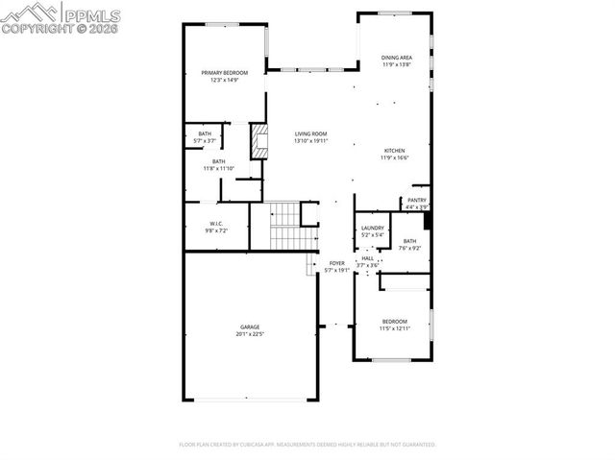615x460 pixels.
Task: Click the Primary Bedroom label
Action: point(224,73)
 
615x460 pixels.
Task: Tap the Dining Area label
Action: point(396,59)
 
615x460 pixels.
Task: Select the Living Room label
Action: point(310,133)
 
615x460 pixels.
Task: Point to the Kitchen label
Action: point(395,151)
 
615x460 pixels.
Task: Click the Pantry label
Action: point(416,201)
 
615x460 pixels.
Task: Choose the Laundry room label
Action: point(372,228)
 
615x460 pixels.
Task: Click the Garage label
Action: point(250,327)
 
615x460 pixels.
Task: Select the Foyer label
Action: point(336,263)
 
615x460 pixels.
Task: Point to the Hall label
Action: point(367,258)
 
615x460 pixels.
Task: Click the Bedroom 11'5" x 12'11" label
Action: point(395,322)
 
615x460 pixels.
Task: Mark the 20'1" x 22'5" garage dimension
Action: point(250,334)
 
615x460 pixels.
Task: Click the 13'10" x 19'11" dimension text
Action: point(310,141)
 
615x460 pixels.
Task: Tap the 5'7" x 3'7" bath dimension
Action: point(205,141)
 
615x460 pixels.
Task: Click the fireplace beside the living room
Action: point(258,140)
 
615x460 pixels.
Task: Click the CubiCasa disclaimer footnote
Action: point(307,445)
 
